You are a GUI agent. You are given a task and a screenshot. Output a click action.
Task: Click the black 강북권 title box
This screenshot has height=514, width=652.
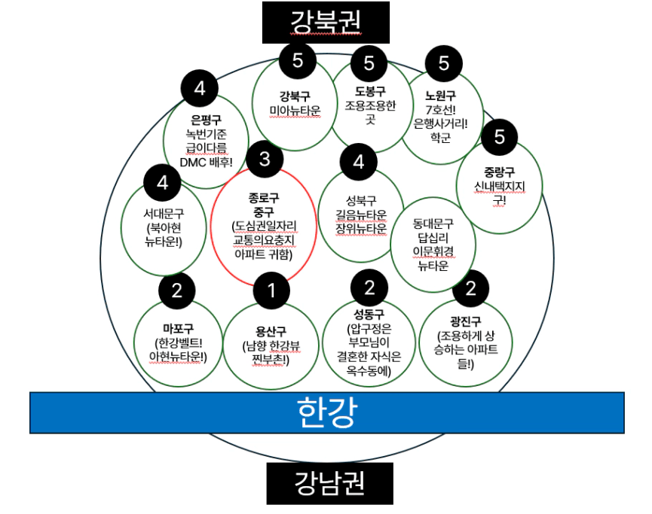click(x=326, y=22)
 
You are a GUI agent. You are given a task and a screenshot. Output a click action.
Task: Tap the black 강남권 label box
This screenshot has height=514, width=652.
click(x=329, y=482)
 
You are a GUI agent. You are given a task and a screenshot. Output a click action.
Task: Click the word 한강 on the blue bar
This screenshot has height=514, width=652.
click(x=326, y=412)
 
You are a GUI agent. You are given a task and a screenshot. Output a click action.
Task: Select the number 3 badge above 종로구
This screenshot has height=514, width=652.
click(x=264, y=160)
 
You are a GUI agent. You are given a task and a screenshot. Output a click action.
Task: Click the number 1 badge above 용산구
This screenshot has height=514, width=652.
click(x=272, y=290)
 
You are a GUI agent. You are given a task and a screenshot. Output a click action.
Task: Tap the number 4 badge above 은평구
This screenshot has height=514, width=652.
click(x=200, y=89)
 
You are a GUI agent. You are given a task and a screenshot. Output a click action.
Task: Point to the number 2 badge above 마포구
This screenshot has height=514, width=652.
click(x=177, y=290)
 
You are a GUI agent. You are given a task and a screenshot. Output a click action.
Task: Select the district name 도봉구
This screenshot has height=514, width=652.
click(x=369, y=91)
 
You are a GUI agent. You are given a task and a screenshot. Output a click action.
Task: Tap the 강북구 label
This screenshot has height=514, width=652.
click(x=295, y=96)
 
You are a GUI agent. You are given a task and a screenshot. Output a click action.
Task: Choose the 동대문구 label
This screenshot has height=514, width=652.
click(x=433, y=224)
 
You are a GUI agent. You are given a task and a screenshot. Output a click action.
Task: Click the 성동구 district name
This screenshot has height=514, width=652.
click(x=369, y=314)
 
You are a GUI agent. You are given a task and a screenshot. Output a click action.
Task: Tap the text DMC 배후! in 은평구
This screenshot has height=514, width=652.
click(x=206, y=160)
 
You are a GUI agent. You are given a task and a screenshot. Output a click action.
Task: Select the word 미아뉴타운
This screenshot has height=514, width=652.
click(x=295, y=110)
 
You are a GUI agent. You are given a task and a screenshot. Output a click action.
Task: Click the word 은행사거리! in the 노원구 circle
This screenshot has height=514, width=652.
click(x=441, y=124)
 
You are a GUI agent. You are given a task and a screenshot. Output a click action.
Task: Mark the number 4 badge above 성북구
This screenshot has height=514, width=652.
click(x=359, y=162)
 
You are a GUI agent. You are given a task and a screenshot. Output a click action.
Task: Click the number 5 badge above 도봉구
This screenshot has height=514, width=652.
click(x=369, y=63)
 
